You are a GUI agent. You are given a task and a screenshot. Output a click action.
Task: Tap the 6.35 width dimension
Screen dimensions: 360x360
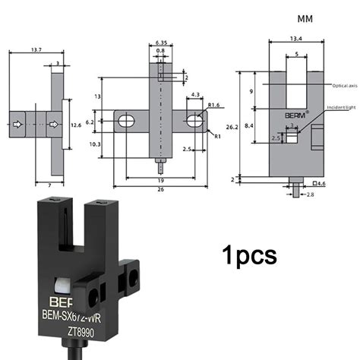pyautogui.click(x=161, y=43)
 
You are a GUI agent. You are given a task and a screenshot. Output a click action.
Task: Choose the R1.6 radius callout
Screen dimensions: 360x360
pyautogui.click(x=214, y=105)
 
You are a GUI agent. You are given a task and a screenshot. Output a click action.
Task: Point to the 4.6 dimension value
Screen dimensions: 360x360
pyautogui.click(x=320, y=184)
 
